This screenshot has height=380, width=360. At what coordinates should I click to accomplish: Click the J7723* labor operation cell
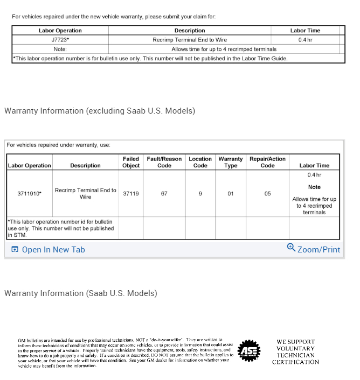pos(60,40)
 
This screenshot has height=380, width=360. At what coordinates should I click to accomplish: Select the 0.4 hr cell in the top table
pos(305,40)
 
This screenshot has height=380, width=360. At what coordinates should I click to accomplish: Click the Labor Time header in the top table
pos(305,31)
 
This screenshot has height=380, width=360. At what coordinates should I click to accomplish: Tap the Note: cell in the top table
pos(60,49)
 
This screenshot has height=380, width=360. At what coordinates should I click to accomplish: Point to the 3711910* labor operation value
pos(29,193)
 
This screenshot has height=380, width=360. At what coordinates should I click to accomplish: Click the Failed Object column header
pos(131,162)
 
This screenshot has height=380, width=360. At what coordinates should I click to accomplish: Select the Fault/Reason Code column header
pos(164,162)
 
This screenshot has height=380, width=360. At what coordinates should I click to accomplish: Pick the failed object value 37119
pos(131,193)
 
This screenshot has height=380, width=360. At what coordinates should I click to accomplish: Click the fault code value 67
pos(164,193)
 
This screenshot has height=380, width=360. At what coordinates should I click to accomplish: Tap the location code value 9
pos(200,193)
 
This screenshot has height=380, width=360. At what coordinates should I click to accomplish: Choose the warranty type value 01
pos(230,193)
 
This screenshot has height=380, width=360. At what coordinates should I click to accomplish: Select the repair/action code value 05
pos(268,193)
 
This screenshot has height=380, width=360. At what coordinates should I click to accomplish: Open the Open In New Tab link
pos(53,250)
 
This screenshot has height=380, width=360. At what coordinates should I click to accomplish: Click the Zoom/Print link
pos(319,250)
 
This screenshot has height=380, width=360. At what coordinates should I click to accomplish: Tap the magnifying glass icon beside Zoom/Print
pos(291,248)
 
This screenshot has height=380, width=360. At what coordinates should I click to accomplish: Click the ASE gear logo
pos(249,351)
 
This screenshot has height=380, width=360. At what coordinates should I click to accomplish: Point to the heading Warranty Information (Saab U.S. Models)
pos(81,293)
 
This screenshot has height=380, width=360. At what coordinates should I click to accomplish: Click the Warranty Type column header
pos(230,162)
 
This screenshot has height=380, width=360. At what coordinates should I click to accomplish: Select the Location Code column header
pos(200,162)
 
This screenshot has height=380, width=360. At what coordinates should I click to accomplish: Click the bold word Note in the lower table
pos(314,187)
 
